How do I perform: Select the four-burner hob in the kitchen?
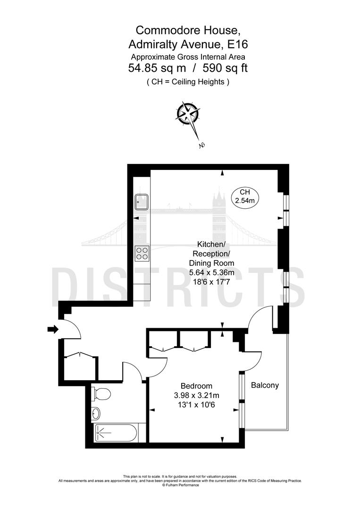142,254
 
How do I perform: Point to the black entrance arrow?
52,329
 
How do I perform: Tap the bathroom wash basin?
96,413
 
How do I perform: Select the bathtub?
116,432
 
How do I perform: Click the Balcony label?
265,385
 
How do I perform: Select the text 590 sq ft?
225,68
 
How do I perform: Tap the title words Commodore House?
188,30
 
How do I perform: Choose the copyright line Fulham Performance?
180,485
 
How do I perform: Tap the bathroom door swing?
133,371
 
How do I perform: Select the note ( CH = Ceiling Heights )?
188,82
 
